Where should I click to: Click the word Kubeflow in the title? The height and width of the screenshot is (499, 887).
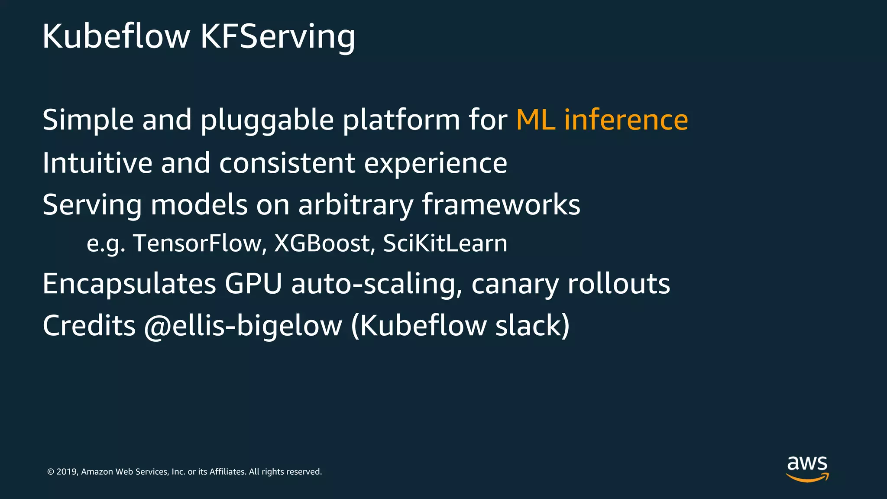(x=116, y=36)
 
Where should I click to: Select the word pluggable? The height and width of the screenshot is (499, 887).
(x=267, y=120)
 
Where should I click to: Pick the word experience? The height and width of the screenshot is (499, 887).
(x=435, y=164)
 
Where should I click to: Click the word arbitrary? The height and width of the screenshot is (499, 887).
(x=356, y=205)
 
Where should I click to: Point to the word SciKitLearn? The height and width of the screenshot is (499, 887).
(x=445, y=243)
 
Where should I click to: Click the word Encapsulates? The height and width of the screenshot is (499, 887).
(x=129, y=284)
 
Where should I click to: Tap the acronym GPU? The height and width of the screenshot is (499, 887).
(x=253, y=284)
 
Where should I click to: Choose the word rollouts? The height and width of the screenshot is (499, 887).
(x=618, y=284)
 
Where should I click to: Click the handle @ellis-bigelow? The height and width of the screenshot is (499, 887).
(x=243, y=326)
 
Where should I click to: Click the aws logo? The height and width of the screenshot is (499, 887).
(x=807, y=468)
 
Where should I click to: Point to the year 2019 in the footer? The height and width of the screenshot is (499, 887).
(x=67, y=472)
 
